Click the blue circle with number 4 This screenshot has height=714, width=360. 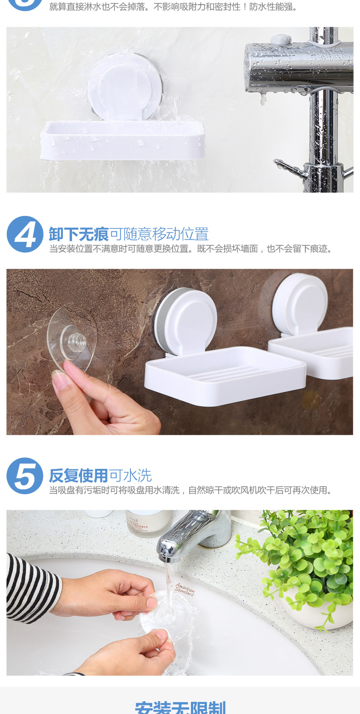(25, 234)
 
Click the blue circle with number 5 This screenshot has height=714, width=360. (25, 476)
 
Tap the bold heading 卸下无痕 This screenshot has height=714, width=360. (79, 234)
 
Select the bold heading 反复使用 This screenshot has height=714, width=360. (79, 476)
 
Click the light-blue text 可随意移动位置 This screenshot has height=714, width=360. (159, 234)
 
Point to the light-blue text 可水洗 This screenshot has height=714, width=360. (130, 476)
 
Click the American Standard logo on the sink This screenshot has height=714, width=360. (185, 589)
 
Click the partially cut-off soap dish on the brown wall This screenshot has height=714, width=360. (314, 328)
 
